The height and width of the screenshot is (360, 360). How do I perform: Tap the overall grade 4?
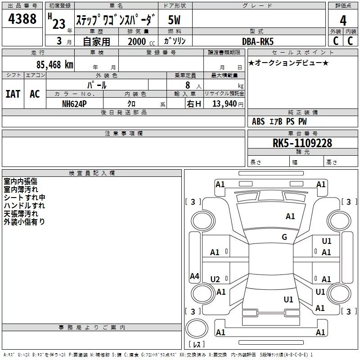[x=343, y=20]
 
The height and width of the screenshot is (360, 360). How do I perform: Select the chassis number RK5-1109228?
[x=302, y=143]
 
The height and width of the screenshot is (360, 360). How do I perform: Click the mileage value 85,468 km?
[x=54, y=65]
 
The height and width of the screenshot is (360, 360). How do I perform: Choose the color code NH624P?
[x=75, y=103]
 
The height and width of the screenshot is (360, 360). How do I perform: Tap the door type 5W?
[x=175, y=20]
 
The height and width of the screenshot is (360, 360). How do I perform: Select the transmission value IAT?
[x=13, y=94]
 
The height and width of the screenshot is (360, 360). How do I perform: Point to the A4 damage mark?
[x=194, y=276]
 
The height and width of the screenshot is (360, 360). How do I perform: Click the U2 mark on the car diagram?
[x=215, y=279]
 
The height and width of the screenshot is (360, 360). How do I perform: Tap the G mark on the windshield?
[x=284, y=237]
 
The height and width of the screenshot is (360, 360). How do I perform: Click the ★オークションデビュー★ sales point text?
[x=288, y=63]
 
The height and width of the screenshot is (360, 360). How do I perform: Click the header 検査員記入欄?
[x=92, y=173]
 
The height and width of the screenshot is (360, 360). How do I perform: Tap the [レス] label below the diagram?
[x=197, y=344]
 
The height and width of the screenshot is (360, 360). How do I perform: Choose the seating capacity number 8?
[x=188, y=85]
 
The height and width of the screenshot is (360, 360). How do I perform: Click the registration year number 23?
[x=58, y=24]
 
